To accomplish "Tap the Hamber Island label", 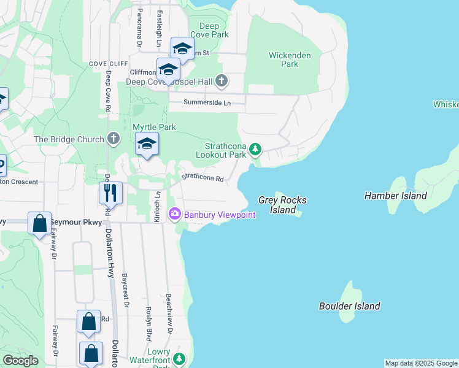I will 395,196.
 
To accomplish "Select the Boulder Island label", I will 349,306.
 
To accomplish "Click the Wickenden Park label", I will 290,59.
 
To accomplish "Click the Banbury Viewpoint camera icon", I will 175,213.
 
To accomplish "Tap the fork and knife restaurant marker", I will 110,193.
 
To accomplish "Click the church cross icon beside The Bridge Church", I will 113,139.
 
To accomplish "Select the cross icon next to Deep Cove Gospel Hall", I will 222,81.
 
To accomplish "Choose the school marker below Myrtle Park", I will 147,144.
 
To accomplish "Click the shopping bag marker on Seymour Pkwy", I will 39,223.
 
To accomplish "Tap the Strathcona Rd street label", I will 202,177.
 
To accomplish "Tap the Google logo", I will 20,361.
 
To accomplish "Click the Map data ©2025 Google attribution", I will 421,363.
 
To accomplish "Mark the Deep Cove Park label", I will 209,30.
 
